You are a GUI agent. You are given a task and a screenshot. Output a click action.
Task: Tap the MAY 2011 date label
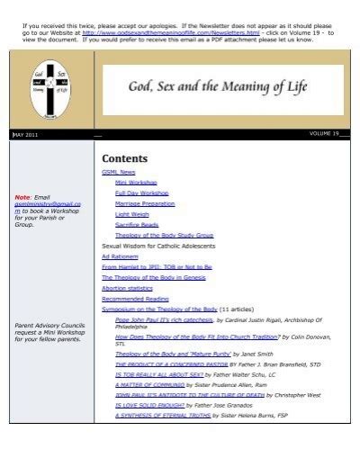coord(24,134)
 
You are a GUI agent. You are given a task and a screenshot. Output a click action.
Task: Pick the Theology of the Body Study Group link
coord(163,235)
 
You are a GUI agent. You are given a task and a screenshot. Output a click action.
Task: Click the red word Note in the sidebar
coord(22,196)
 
